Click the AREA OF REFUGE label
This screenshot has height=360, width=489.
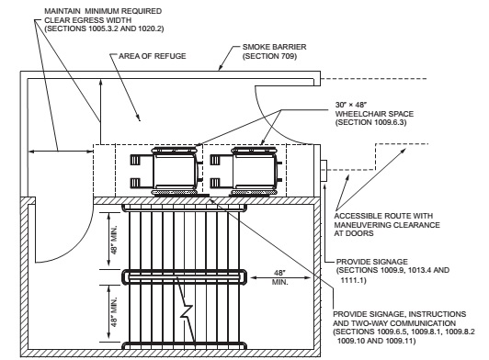coord(153,56)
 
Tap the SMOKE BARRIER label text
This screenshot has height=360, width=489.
coord(275,47)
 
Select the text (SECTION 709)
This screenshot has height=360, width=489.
coord(269,56)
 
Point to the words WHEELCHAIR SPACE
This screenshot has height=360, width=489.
coord(374,114)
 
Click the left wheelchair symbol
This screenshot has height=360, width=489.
coord(166,171)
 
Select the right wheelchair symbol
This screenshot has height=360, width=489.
coord(246,171)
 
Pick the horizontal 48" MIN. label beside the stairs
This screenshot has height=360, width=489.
coord(280,277)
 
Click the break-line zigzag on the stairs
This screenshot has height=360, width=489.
coord(187,311)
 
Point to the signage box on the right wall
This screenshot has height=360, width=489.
coord(324,171)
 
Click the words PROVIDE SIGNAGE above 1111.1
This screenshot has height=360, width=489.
coord(371,262)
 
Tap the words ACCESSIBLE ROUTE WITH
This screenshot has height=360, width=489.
coord(383,216)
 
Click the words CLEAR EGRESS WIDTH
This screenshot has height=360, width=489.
coord(88,20)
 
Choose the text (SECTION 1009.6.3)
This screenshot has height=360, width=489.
coord(371,122)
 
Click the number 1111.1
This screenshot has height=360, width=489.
coord(353,280)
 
